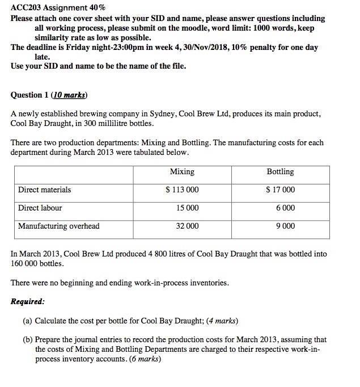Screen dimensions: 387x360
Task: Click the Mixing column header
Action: point(181,171)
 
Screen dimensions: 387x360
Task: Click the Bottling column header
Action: point(280,171)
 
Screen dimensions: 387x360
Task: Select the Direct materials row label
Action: point(45,190)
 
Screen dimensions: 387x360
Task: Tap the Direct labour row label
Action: point(40,208)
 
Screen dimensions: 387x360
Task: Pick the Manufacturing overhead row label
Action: point(59,226)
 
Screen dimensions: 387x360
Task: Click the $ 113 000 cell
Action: point(181,190)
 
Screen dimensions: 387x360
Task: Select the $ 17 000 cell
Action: point(280,190)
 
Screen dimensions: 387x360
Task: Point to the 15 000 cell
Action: point(187,208)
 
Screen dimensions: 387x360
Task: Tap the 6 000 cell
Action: point(285,208)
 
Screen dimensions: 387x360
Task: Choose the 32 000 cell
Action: point(187,226)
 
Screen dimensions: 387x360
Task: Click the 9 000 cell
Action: point(285,226)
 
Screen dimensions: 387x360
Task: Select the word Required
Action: point(28,301)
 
